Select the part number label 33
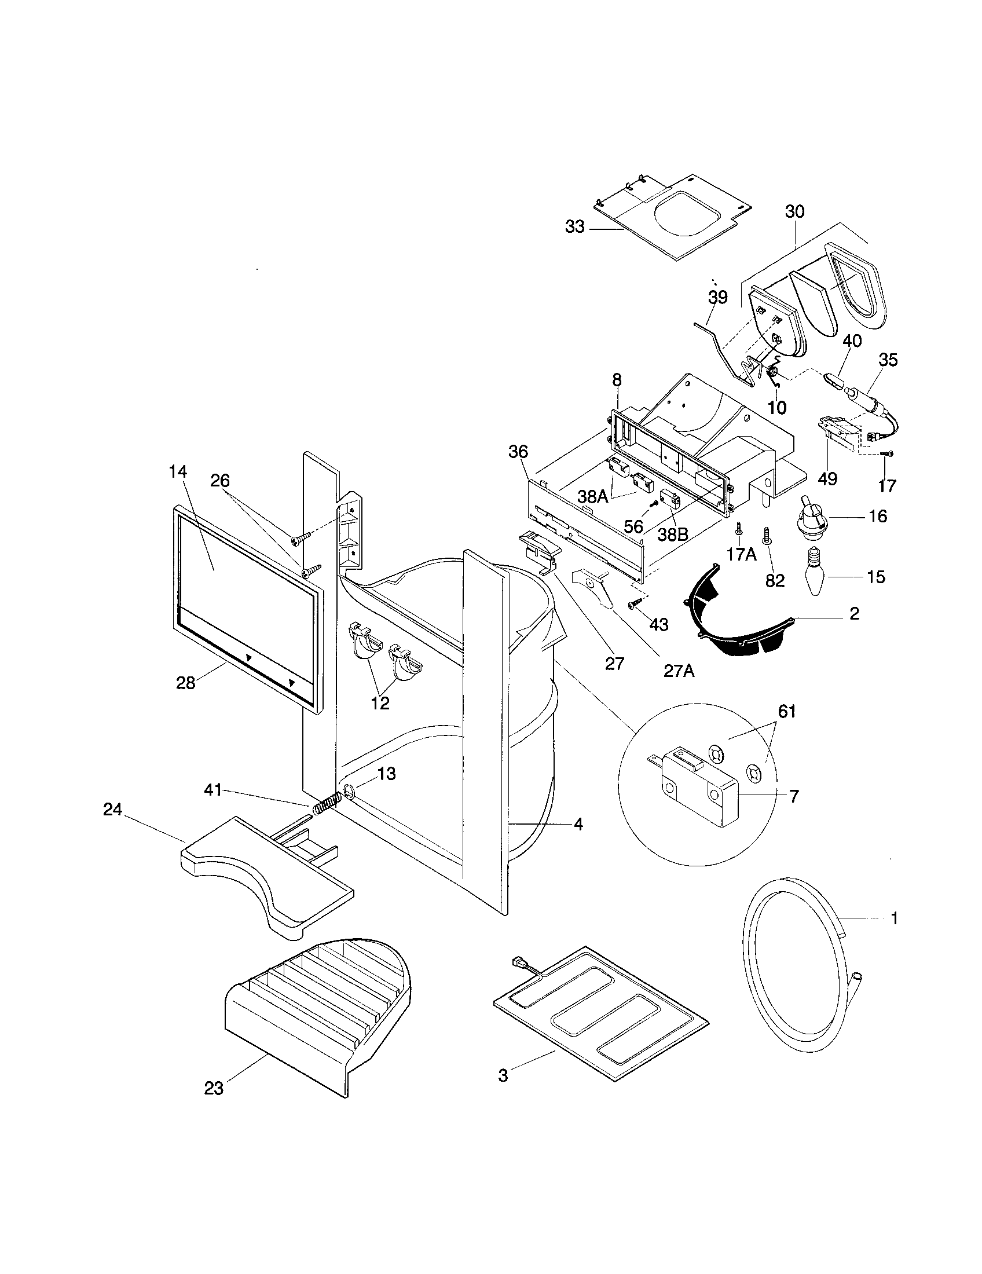coord(574,227)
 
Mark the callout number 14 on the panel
coord(178,472)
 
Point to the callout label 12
coord(380,703)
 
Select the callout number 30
coord(794,212)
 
